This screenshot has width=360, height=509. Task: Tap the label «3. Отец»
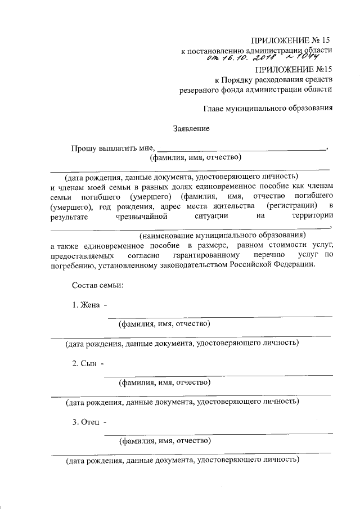pyautogui.click(x=87, y=422)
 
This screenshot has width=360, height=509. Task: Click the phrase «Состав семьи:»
pyautogui.click(x=98, y=285)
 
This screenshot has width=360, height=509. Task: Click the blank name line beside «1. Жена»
pyautogui.click(x=219, y=316)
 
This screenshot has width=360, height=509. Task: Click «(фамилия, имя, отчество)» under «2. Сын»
pyautogui.click(x=164, y=383)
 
